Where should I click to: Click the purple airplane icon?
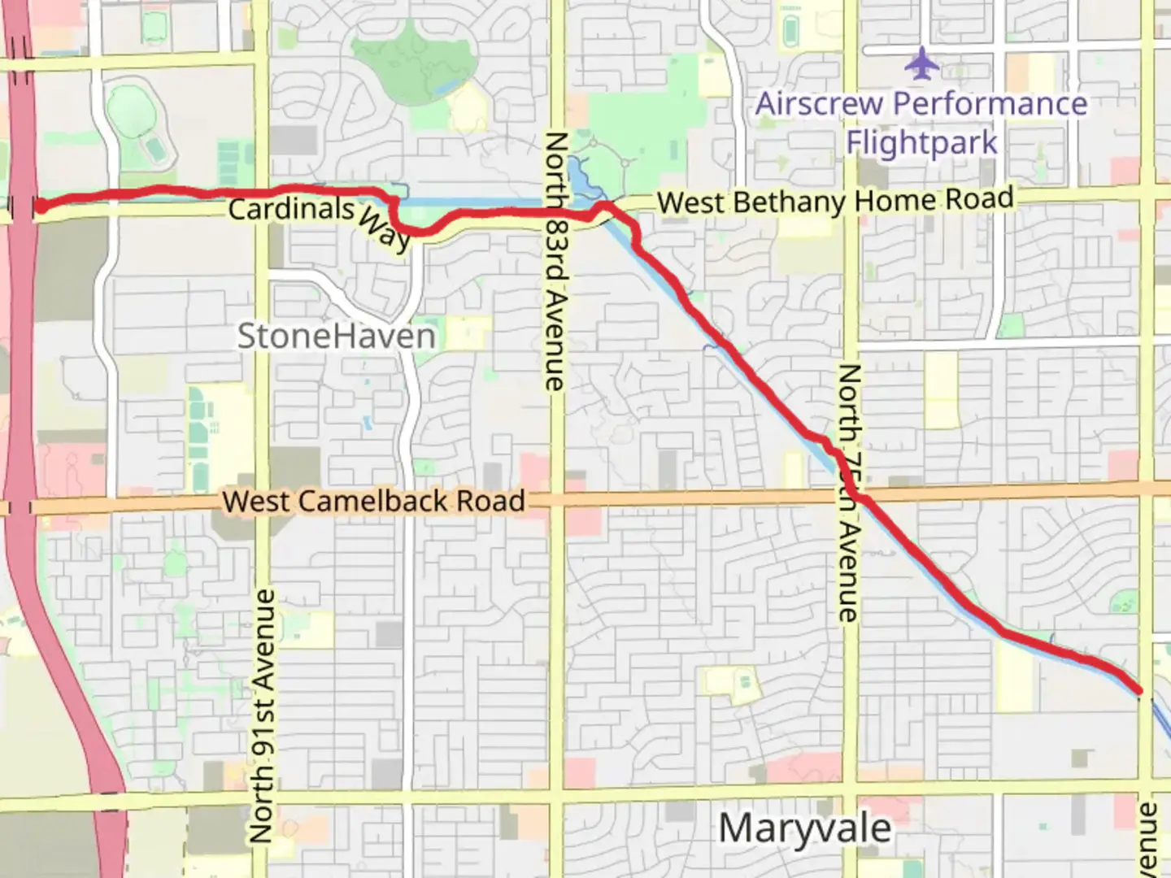click(921, 64)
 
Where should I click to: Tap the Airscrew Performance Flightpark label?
click(921, 123)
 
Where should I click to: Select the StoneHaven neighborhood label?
click(336, 336)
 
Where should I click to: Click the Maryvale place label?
click(804, 828)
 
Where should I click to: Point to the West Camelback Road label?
click(374, 501)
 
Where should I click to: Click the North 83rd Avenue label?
click(555, 260)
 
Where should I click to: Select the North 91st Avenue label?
click(261, 715)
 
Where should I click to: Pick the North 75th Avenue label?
click(847, 493)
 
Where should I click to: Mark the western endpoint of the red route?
click(38, 206)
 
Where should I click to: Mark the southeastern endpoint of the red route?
click(1138, 691)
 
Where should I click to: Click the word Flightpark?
click(921, 143)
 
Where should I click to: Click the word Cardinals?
click(291, 209)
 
